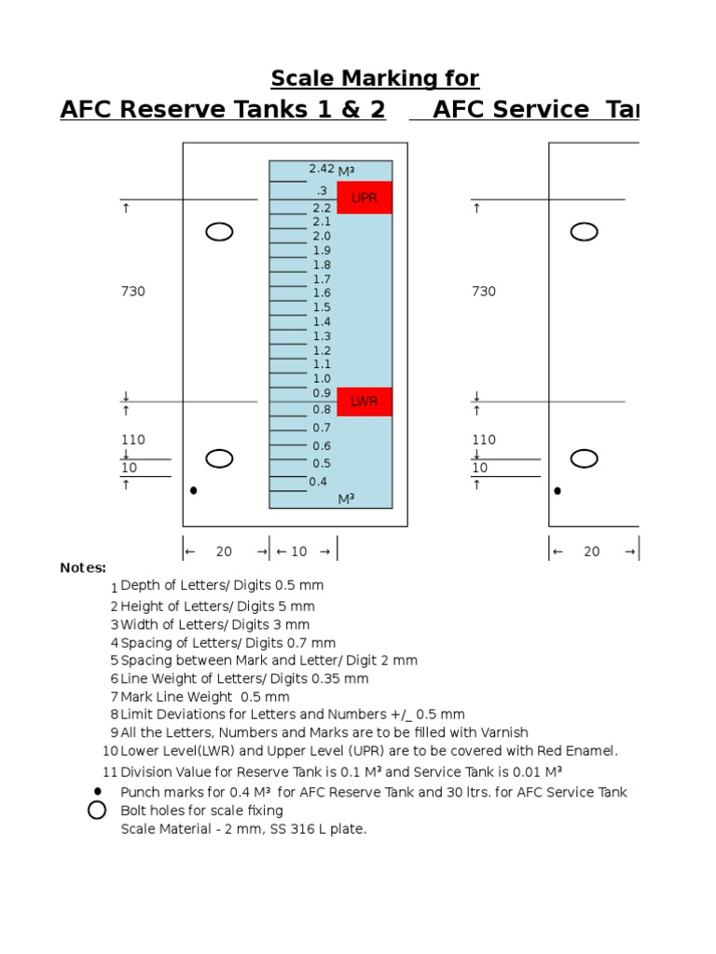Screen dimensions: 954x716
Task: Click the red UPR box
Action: coord(364,198)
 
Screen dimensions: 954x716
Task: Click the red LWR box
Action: coord(364,402)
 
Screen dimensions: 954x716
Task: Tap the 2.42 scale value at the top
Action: coord(322,169)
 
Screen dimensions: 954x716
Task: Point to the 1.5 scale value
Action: coord(322,307)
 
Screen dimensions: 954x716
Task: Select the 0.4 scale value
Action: coord(319,482)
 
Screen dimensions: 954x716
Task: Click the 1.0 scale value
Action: coord(322,378)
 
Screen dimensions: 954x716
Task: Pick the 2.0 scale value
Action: coord(322,237)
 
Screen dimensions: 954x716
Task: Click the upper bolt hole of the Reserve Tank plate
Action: coord(219,232)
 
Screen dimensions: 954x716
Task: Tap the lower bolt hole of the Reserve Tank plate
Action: coord(219,458)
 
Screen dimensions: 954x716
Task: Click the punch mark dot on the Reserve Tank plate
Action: coord(193,490)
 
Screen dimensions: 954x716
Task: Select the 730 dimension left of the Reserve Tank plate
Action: coord(133,292)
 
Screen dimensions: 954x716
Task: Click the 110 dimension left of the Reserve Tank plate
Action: coord(133,440)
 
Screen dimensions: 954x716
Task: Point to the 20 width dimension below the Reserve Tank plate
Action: coord(224,552)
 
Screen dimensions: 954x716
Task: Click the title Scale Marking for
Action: coord(375,77)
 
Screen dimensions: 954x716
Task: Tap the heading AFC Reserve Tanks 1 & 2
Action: coord(223,110)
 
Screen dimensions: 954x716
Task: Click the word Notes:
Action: coord(83,567)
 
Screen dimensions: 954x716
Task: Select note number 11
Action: coord(110,771)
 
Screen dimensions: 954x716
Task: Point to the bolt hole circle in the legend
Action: coord(97,811)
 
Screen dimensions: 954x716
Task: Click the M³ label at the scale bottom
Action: coord(347,499)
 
